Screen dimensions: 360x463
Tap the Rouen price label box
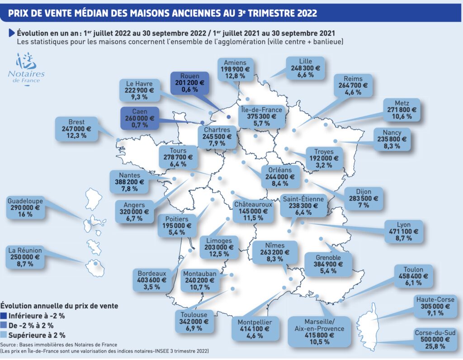[x=189, y=83]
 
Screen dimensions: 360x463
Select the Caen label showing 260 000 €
[x=139, y=119]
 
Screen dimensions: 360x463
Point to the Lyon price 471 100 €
[x=403, y=231]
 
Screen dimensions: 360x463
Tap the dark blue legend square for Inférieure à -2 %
[x=4, y=315]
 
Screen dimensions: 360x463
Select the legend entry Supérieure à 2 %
[x=37, y=335]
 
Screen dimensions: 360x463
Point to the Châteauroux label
[x=253, y=204]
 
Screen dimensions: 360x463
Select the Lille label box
[x=305, y=68]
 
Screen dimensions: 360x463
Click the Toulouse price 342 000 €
[x=193, y=322]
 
